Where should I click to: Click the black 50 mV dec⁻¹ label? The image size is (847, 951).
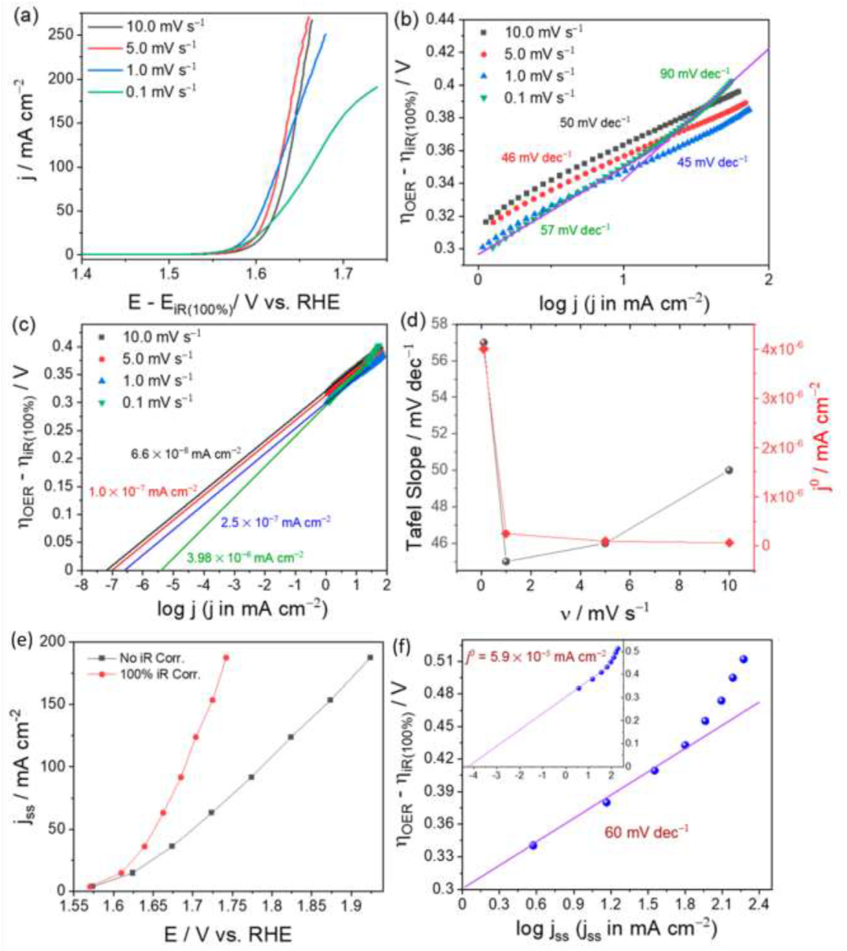(x=594, y=122)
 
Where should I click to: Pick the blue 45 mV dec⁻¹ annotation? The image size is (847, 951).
(x=712, y=162)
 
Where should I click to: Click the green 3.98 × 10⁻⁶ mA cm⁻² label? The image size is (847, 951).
(x=245, y=557)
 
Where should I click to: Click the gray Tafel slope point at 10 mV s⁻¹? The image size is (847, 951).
(x=729, y=470)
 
